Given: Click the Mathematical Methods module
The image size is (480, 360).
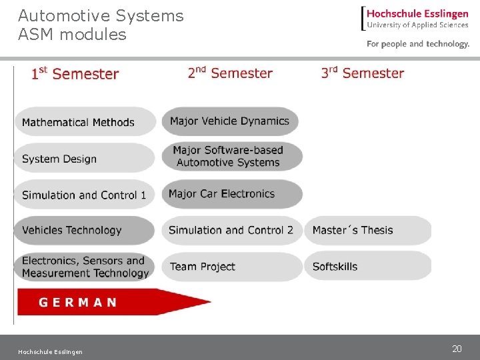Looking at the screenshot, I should (85, 122).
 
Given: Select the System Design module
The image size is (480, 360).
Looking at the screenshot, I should (85, 159).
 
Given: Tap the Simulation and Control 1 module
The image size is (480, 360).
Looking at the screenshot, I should (85, 195).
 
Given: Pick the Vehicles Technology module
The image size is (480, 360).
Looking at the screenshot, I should (85, 231).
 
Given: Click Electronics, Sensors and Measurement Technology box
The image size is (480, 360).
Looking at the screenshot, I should (85, 267).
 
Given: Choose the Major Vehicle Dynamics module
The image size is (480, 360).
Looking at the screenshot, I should (230, 121).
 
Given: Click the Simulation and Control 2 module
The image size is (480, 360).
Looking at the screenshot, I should (231, 231).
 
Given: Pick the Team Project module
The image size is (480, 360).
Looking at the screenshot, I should (231, 267).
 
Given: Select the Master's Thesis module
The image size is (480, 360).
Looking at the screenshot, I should (367, 231).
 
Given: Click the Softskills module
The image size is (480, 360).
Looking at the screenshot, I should (367, 267).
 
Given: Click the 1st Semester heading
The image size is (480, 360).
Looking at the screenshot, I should (75, 73).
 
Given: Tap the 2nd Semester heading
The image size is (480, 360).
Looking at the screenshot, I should (230, 73).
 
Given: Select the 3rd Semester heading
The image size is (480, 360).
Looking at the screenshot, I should (363, 73).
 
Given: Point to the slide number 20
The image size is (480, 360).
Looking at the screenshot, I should (457, 349).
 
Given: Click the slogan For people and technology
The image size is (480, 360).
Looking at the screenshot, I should (418, 44).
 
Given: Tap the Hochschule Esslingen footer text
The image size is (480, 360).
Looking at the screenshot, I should (51, 352).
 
